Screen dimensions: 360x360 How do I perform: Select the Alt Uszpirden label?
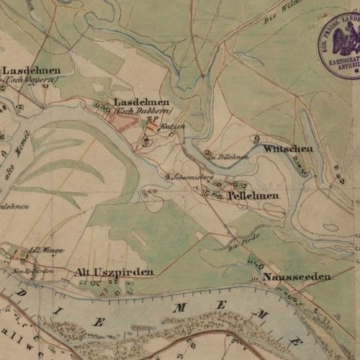point(114,272)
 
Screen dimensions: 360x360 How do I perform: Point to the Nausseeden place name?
point(297,276)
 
